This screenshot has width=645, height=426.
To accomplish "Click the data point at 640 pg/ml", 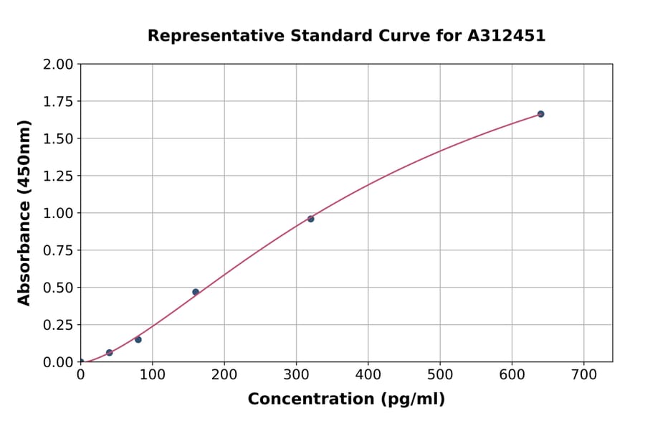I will coord(540,114).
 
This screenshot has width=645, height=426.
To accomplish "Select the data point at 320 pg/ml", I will coord(310,219).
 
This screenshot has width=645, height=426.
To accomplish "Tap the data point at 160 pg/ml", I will coord(196,292).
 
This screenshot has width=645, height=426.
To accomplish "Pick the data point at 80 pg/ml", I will coord(138,339).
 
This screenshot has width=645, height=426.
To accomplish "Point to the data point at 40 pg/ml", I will coord(110,353).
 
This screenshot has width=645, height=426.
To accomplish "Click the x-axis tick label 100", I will coord(153,375).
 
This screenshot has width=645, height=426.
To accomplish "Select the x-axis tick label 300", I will coord(296,375).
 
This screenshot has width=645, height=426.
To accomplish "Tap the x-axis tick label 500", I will coord(440,375).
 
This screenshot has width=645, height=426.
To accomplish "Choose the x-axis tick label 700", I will coord(583,375).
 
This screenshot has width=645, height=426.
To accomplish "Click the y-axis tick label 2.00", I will coord(58,65).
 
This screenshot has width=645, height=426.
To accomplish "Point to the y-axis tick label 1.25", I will coord(58,176).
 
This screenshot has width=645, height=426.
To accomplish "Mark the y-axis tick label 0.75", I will coord(58,251).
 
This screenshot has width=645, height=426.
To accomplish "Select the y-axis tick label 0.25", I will coord(58,325).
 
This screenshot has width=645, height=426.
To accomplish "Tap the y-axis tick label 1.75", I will coord(58,102).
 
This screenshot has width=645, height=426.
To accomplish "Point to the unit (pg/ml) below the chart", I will coord(412,399).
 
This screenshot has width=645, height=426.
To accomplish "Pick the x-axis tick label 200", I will coord(224,375).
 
